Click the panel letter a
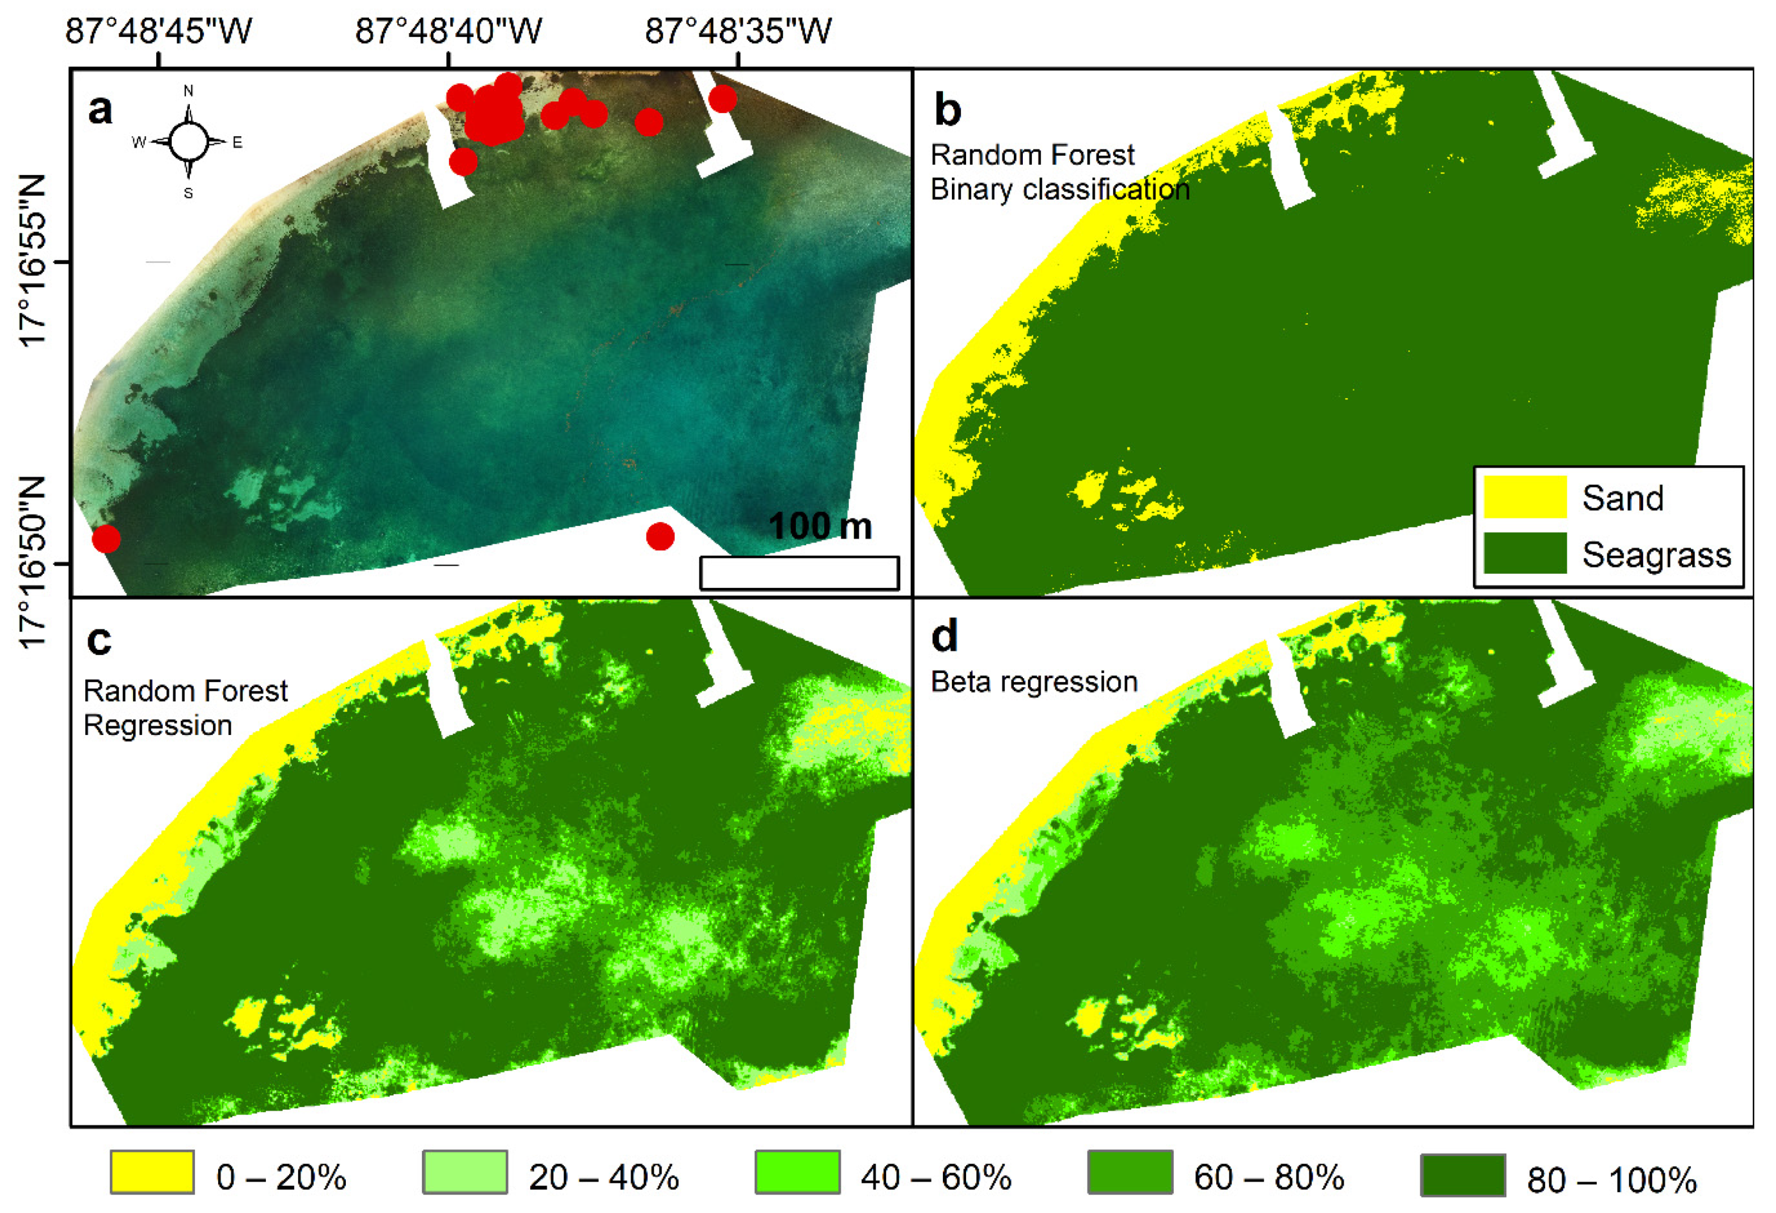point(100,109)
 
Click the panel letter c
point(99,640)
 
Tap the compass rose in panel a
point(188,141)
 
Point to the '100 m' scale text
point(819,526)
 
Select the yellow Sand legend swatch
point(1525,497)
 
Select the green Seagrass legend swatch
point(1525,553)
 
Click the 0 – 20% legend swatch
point(151,1172)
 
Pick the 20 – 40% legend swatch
point(465,1172)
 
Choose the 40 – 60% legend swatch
point(797,1172)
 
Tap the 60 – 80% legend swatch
point(1130,1172)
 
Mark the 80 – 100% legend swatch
point(1463,1175)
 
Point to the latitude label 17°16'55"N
point(32,261)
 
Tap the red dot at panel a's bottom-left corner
point(106,539)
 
